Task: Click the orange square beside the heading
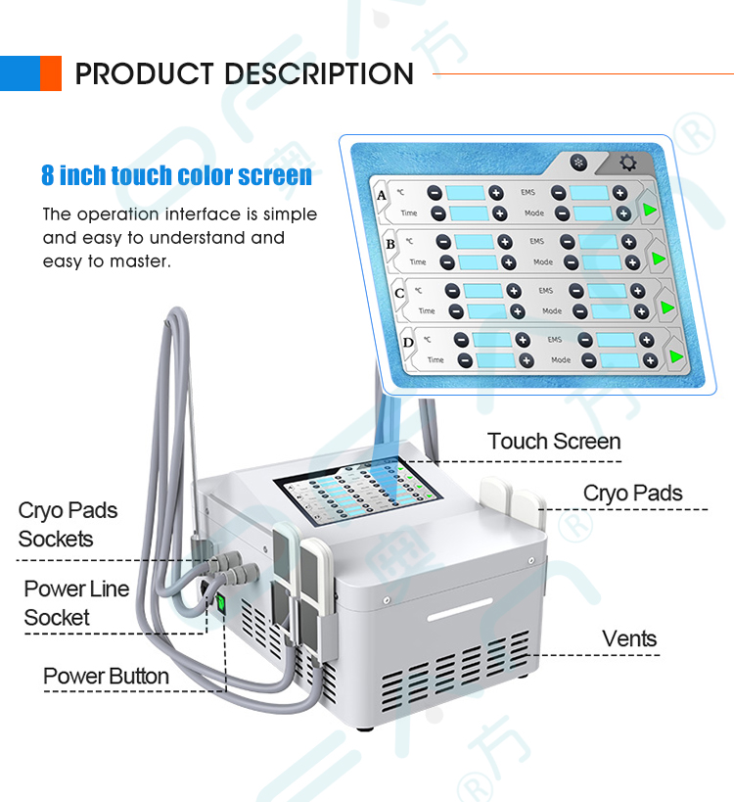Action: pyautogui.click(x=50, y=73)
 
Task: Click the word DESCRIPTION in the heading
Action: pyautogui.click(x=319, y=73)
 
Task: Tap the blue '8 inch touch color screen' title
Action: pyautogui.click(x=176, y=176)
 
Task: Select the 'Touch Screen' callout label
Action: pyautogui.click(x=554, y=442)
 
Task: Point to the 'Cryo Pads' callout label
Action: pyautogui.click(x=632, y=493)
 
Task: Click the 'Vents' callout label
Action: pyautogui.click(x=629, y=639)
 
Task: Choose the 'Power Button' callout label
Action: pyautogui.click(x=106, y=677)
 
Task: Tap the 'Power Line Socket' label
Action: pyautogui.click(x=76, y=603)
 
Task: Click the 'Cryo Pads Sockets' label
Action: pyautogui.click(x=68, y=524)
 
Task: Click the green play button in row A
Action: pyautogui.click(x=648, y=208)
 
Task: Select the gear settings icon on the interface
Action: pyautogui.click(x=626, y=164)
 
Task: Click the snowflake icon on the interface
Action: pyautogui.click(x=578, y=163)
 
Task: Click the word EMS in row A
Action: pyautogui.click(x=528, y=192)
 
